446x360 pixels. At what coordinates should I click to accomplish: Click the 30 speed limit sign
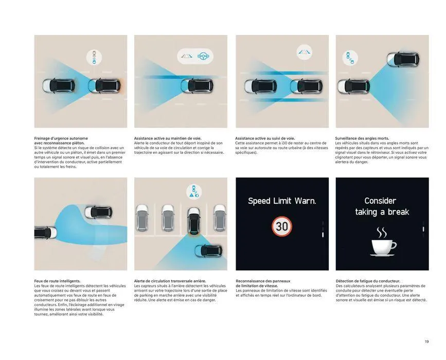[x=282, y=226]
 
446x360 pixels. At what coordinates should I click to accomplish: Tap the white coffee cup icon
[x=383, y=247]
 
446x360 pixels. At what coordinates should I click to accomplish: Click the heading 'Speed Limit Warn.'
[x=282, y=201]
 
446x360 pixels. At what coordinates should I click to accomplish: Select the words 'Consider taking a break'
[x=382, y=206]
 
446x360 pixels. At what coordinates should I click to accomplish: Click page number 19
[x=426, y=341]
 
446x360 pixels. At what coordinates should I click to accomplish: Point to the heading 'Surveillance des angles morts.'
[x=362, y=138]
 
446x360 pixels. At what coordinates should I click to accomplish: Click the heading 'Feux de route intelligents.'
[x=57, y=281]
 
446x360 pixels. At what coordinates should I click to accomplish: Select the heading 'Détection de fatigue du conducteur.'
[x=368, y=281]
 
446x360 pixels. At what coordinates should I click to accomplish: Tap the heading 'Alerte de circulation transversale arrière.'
[x=170, y=281]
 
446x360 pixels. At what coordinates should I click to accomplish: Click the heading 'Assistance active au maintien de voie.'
[x=168, y=138]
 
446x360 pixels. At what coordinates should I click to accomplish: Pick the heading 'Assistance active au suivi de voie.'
[x=265, y=138]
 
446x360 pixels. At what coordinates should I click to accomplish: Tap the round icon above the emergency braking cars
[x=94, y=57]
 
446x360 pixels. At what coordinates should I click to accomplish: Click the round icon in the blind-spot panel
[x=350, y=58]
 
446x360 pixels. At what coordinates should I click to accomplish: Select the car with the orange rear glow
[x=104, y=86]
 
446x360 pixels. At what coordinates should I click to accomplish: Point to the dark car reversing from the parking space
[x=194, y=221]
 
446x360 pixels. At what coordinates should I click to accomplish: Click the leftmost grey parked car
[x=142, y=218]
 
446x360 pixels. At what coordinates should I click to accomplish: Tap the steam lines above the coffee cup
[x=382, y=232]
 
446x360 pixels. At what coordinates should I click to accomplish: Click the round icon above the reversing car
[x=194, y=191]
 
